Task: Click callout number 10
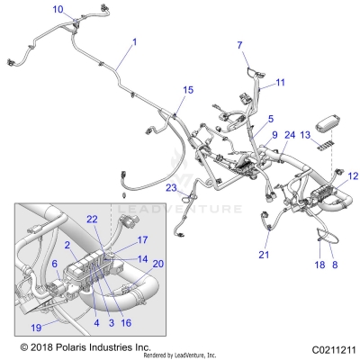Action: [58, 10]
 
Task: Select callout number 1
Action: [134, 42]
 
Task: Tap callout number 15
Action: [188, 90]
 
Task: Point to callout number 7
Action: [240, 45]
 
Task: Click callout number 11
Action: [280, 83]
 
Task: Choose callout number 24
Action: [290, 135]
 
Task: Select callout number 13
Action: [306, 134]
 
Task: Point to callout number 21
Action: [264, 256]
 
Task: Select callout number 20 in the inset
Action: [158, 264]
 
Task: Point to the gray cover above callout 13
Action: [326, 117]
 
